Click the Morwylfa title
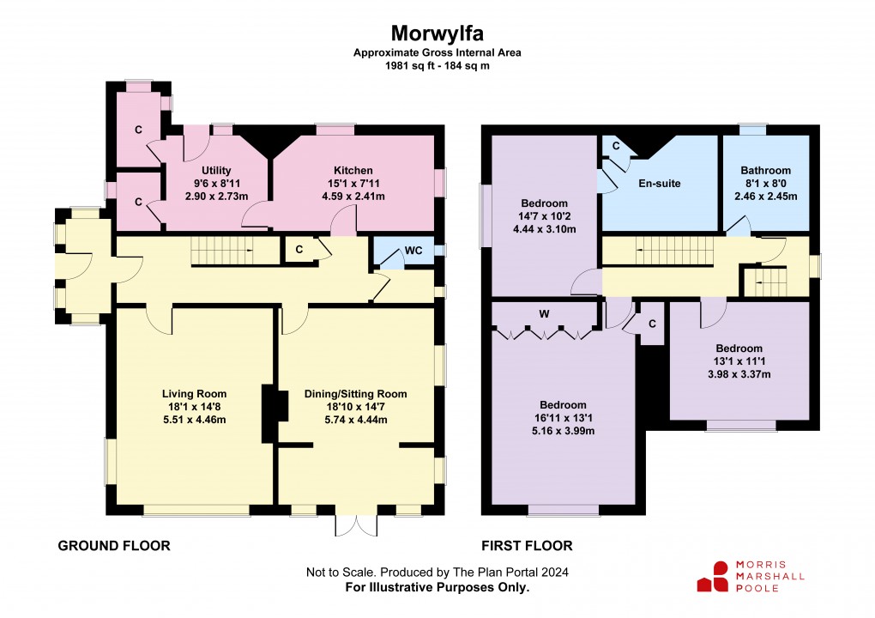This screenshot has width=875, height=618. (437, 33)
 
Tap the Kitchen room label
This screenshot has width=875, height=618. (353, 170)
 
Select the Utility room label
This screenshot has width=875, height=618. (216, 170)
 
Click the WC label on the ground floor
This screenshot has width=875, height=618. (413, 250)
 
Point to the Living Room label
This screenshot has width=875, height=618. (194, 394)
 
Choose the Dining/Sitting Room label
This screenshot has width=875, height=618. (355, 394)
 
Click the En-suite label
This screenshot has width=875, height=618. (660, 183)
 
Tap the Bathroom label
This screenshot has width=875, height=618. (765, 170)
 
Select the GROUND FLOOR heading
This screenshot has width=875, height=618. (114, 545)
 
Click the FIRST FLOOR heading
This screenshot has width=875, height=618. (527, 545)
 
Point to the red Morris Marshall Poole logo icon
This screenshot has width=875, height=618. (713, 577)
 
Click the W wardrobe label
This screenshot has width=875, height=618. (544, 314)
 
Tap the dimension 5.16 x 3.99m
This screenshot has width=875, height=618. (563, 431)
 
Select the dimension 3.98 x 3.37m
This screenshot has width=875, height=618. (739, 374)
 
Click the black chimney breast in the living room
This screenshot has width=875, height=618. (275, 413)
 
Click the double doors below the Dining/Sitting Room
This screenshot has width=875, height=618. (355, 525)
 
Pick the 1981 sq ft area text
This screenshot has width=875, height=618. (437, 65)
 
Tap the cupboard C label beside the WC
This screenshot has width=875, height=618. (299, 250)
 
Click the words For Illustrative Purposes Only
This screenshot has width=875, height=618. (437, 587)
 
